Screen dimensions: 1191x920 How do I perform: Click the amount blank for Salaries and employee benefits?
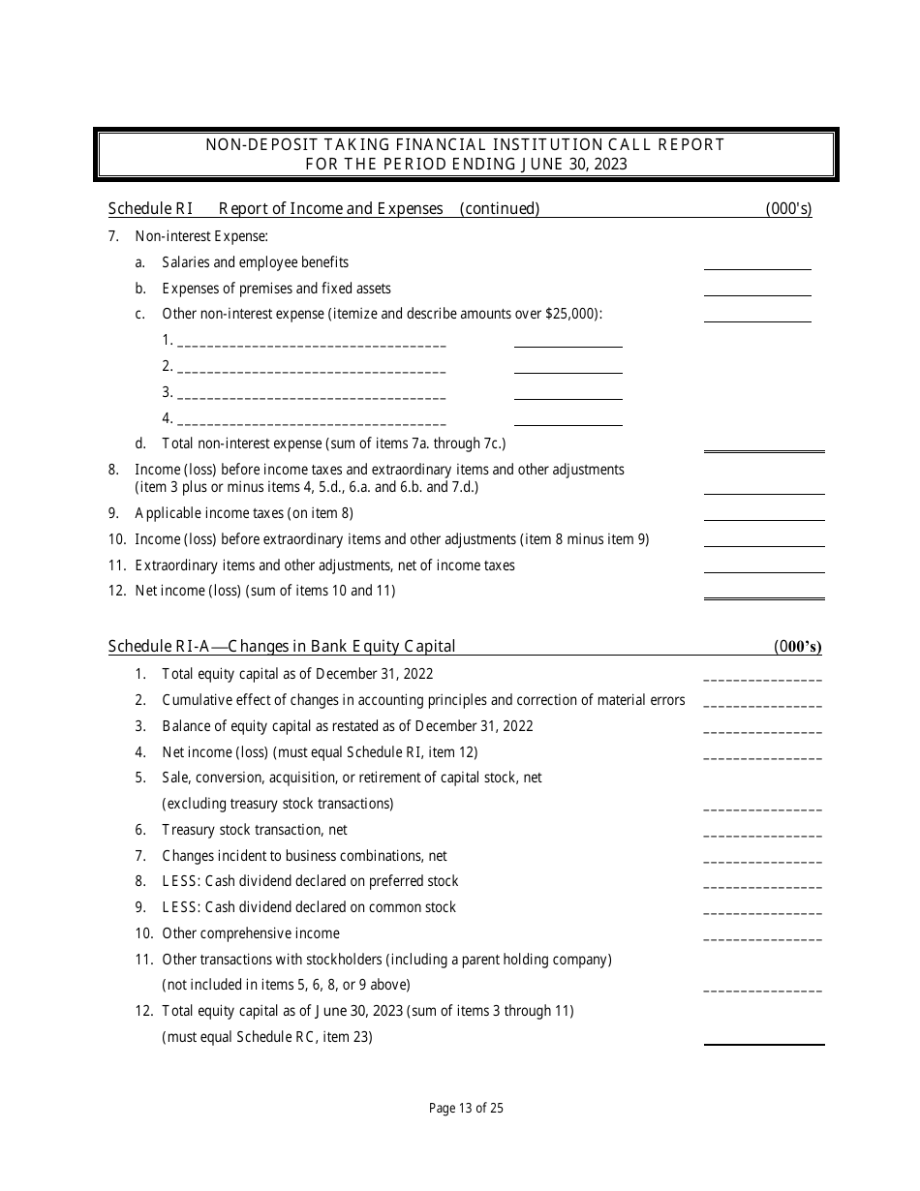click(757, 263)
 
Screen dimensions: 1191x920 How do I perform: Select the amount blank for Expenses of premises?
click(757, 290)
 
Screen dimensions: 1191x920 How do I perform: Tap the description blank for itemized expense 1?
click(312, 341)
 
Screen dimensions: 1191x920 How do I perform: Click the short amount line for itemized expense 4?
click(567, 419)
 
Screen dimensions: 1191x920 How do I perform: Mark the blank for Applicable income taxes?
click(764, 514)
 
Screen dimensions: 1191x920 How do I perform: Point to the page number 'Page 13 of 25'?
click(466, 1109)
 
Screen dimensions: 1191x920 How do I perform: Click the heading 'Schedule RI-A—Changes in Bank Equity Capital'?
click(282, 646)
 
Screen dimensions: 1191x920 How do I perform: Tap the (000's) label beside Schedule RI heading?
click(788, 208)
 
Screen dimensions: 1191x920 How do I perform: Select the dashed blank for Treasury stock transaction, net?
click(762, 832)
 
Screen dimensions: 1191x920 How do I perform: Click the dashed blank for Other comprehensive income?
click(762, 935)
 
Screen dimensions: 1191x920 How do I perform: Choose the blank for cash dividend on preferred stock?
click(762, 883)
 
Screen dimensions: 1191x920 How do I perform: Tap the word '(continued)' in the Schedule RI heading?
click(500, 208)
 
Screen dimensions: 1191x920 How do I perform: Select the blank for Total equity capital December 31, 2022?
click(762, 676)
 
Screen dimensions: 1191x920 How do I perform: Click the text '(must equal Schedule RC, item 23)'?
click(267, 1037)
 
